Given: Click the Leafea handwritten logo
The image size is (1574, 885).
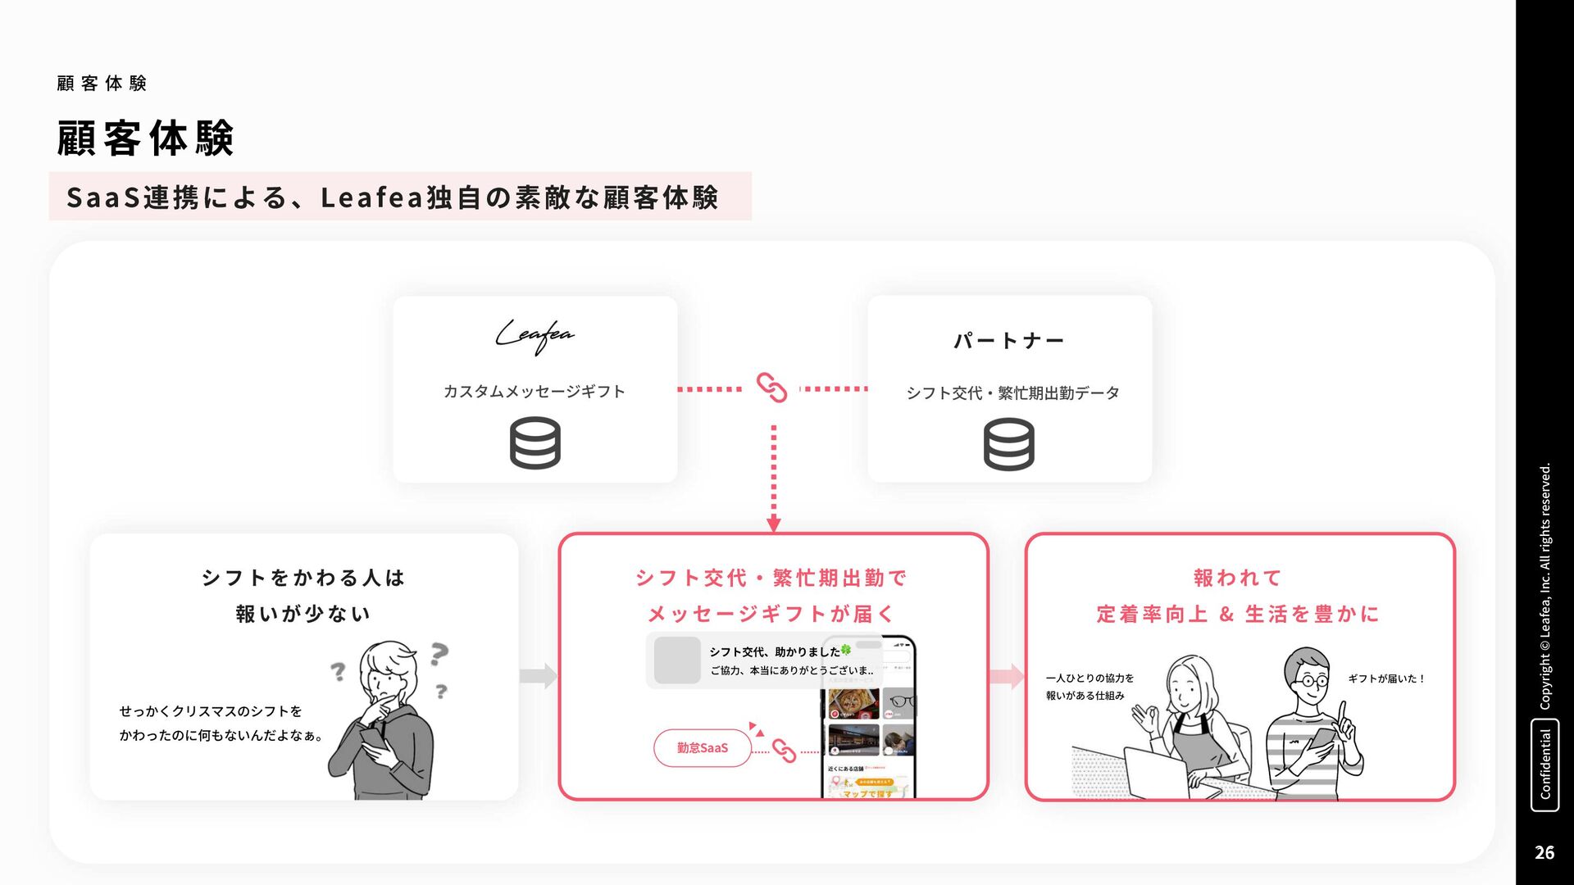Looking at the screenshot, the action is point(535,336).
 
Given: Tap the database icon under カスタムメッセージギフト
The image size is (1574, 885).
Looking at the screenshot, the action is point(535,442).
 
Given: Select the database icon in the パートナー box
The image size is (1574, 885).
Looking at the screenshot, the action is point(1008,444).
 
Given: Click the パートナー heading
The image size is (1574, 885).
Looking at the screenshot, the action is point(1008,341).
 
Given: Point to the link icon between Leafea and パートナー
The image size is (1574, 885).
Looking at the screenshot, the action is point(771,388).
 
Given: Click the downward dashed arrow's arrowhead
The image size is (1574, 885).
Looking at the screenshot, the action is point(773,524).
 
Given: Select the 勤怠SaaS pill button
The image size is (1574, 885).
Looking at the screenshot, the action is point(702,747).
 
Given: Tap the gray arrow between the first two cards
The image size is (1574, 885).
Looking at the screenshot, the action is point(538,676).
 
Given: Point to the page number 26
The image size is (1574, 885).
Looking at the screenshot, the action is point(1544,852).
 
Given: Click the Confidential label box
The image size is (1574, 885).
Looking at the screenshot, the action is point(1544,765).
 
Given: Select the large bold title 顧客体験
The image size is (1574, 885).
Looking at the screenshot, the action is point(146,138).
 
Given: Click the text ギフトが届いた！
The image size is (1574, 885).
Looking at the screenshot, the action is point(1386,678).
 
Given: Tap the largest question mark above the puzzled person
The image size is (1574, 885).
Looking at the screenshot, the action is point(439,653).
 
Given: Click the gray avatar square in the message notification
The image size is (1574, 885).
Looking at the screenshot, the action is point(677,660).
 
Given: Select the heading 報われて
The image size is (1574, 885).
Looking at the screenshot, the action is point(1238,578).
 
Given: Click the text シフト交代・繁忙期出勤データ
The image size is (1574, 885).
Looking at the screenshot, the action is point(1012,393).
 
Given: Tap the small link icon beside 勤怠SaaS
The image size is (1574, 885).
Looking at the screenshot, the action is point(784,751).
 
